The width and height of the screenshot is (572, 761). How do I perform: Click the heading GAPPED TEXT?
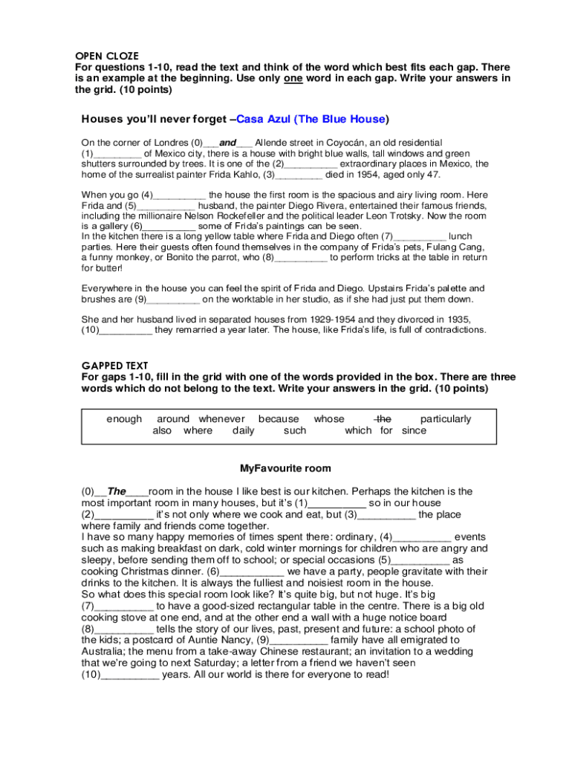point(114,366)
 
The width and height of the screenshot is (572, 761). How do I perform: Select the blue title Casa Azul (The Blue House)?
point(312,119)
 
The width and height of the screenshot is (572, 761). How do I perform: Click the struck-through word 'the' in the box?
point(383,419)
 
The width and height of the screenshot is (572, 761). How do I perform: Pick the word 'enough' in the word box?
point(124,419)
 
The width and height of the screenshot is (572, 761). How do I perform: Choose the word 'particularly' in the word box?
point(446,419)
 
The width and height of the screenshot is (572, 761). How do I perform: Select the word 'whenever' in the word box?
point(221,419)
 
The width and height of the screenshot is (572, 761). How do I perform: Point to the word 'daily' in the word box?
point(244,430)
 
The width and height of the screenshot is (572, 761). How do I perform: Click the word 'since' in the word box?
point(415,430)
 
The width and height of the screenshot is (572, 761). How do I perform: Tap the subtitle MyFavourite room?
point(285,469)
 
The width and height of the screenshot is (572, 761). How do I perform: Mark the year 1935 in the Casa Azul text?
point(455,319)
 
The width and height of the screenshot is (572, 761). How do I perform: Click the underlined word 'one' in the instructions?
point(293,79)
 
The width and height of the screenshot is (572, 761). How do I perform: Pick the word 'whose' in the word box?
point(329,419)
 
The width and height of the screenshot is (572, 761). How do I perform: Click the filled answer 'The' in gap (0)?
point(117,491)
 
